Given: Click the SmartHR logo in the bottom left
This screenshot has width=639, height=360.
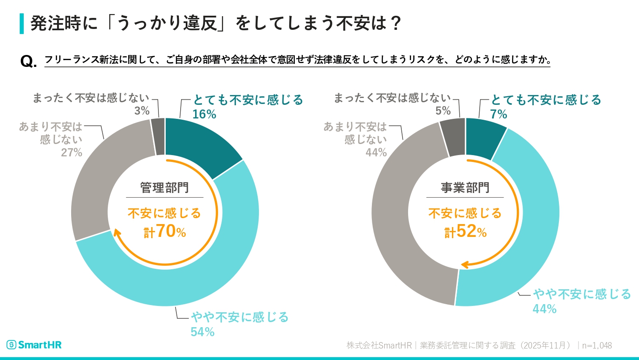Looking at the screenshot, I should [34, 345].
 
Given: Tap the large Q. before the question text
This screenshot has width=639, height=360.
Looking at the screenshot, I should [29, 61].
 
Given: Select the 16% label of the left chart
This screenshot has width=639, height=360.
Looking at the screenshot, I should [204, 114].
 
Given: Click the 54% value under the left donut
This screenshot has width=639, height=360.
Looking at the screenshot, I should [202, 332].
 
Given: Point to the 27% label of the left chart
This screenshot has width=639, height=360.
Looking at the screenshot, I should [72, 153].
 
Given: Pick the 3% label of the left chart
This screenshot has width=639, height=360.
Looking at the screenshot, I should [142, 111].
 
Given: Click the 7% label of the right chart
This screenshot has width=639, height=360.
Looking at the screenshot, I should [498, 114].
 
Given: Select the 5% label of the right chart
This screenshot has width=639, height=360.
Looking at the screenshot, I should [443, 111].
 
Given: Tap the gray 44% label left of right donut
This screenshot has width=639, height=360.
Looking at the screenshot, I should [376, 153].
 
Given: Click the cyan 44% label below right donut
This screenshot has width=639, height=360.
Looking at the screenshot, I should [544, 309].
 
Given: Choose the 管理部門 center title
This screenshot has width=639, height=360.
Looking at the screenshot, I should [164, 188].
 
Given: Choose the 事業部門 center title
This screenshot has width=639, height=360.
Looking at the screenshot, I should [465, 188].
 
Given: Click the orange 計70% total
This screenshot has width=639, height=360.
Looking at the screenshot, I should [165, 232].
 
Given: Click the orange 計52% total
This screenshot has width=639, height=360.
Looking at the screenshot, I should [465, 232].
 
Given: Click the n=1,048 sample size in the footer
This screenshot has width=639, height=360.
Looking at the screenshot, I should [597, 346].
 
